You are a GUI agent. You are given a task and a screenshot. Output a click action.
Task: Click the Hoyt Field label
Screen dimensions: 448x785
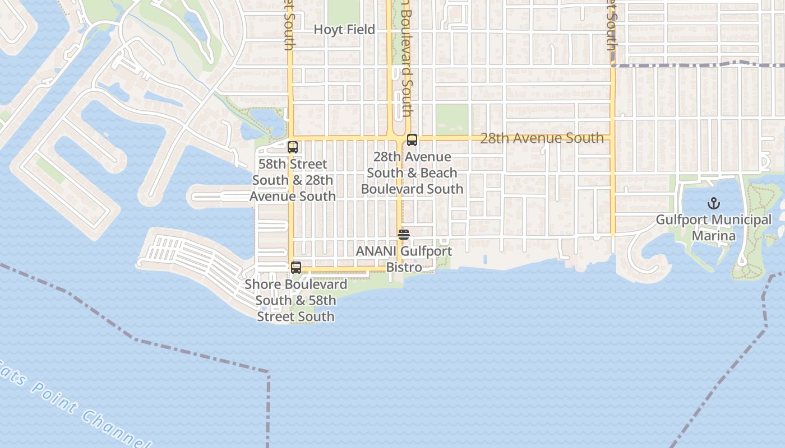pyautogui.click(x=344, y=30)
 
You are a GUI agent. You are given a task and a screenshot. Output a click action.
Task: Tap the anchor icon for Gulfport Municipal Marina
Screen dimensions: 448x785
pyautogui.click(x=714, y=203)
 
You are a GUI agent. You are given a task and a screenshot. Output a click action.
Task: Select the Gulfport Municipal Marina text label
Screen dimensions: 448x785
pyautogui.click(x=714, y=227)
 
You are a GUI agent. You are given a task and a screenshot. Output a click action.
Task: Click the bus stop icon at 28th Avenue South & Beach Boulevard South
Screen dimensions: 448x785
pyautogui.click(x=412, y=140)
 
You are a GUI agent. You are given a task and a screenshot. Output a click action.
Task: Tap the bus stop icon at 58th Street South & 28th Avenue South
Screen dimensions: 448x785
pyautogui.click(x=293, y=147)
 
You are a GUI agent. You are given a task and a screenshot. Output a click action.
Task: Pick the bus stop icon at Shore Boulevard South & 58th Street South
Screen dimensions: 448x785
pyautogui.click(x=296, y=268)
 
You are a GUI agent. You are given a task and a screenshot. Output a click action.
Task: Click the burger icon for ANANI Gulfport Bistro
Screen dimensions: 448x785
pyautogui.click(x=404, y=235)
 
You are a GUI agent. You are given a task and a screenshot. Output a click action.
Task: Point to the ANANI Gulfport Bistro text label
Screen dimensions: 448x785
pyautogui.click(x=404, y=259)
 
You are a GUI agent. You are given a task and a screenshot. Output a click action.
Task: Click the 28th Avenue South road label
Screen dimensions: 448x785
pyautogui.click(x=542, y=138)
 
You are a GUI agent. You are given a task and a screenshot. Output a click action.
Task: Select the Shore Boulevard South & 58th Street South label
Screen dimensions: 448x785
pyautogui.click(x=295, y=300)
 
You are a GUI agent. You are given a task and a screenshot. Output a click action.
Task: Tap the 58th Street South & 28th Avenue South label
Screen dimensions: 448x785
pyautogui.click(x=293, y=180)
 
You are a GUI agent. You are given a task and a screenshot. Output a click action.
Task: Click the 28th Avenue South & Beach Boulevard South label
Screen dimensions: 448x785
pyautogui.click(x=412, y=172)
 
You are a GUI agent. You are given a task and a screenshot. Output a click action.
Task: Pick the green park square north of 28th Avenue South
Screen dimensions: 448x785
pyautogui.click(x=452, y=119)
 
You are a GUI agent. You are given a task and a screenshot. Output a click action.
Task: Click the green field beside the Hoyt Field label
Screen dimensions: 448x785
pyautogui.click(x=343, y=11)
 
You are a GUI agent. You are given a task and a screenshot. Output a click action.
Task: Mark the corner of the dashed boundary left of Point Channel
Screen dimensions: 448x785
pyautogui.click(x=269, y=372)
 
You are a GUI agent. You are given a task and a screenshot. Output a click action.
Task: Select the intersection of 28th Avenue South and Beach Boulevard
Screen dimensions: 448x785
pyautogui.click(x=400, y=138)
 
